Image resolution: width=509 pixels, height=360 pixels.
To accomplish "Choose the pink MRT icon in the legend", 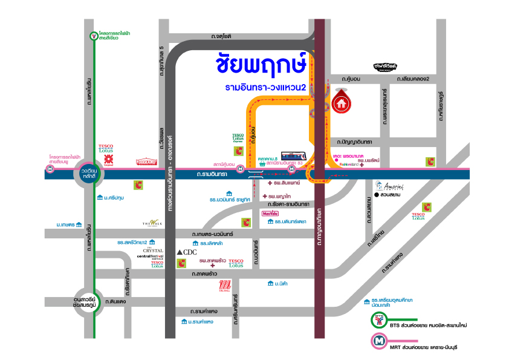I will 379,341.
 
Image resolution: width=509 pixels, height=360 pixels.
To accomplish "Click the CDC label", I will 186,252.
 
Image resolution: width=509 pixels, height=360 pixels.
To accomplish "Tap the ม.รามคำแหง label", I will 197,322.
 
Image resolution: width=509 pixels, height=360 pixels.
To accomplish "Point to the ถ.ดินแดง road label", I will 114,301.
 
